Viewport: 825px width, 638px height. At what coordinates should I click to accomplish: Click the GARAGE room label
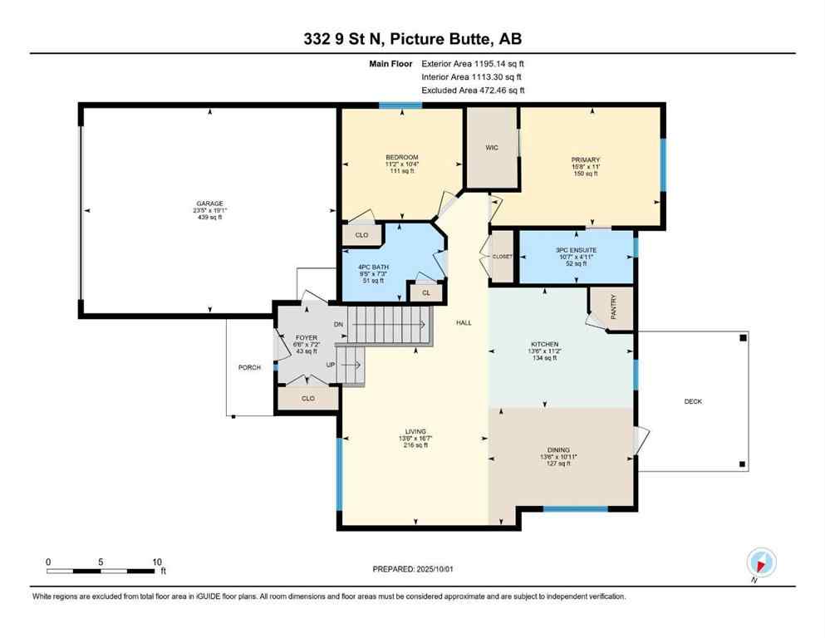coord(209,204)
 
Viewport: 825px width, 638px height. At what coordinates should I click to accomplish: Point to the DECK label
coord(693,402)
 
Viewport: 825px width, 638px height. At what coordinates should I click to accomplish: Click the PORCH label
coord(249,367)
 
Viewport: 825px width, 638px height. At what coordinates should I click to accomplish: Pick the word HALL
coord(464,322)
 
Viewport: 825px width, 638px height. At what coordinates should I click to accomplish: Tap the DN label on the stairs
coord(338,325)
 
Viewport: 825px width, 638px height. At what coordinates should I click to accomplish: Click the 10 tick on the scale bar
coord(156,562)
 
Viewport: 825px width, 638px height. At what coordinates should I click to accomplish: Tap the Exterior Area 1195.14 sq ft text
coord(473,63)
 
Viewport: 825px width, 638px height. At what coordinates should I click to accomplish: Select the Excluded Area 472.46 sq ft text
coord(473,90)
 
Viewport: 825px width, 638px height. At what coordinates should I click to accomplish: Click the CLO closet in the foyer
coord(308,399)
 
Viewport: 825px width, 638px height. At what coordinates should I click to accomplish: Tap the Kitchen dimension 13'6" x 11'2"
coord(545,351)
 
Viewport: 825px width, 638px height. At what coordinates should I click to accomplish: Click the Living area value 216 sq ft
coord(415,445)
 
